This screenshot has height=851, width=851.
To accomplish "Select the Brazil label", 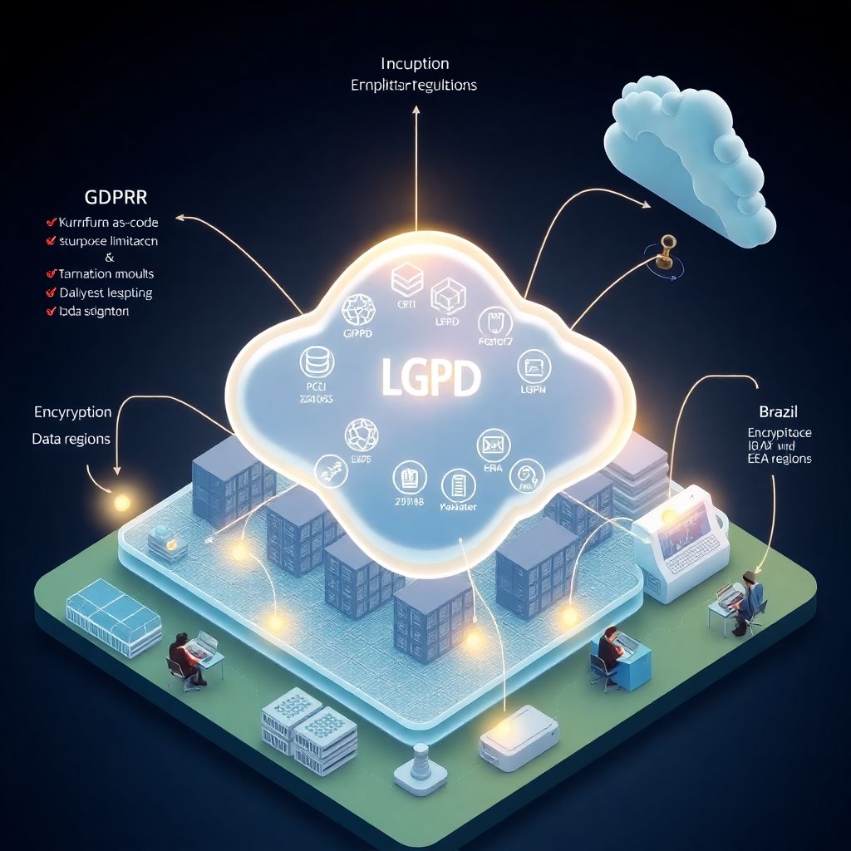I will pyautogui.click(x=779, y=411).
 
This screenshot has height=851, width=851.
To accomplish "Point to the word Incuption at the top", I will pyautogui.click(x=415, y=64).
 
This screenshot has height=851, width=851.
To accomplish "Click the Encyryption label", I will pyautogui.click(x=72, y=412).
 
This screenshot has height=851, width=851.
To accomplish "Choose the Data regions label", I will pyautogui.click(x=71, y=439).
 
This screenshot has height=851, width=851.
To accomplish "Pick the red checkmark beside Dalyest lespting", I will pyautogui.click(x=49, y=293).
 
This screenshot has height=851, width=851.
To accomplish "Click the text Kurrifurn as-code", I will pyautogui.click(x=108, y=222).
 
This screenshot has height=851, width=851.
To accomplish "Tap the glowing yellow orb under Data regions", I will pyautogui.click(x=121, y=502).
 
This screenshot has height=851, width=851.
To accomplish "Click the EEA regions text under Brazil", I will pyautogui.click(x=779, y=459).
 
